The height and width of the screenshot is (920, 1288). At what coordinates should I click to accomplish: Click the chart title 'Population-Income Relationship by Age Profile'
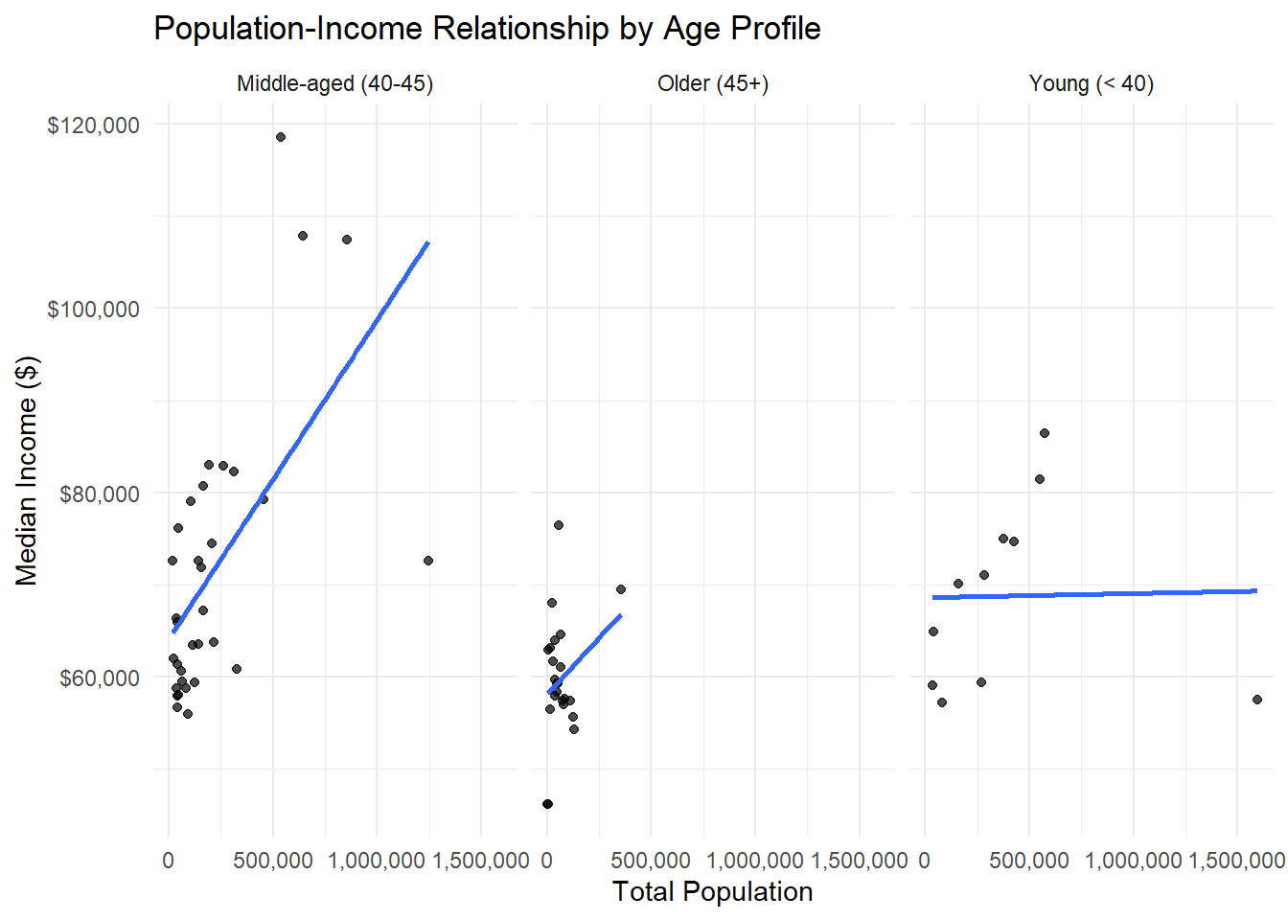(x=487, y=29)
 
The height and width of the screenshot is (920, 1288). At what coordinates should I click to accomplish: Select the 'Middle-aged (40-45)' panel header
(x=334, y=84)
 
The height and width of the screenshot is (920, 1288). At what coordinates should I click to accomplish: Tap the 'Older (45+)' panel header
(x=713, y=84)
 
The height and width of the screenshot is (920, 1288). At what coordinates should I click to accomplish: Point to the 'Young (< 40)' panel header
(x=1091, y=84)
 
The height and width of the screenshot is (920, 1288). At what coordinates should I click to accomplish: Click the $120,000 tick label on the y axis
(x=93, y=126)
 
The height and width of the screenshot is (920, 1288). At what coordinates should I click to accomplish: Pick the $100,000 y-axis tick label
(x=93, y=310)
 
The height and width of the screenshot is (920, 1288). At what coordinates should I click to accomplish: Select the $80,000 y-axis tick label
(x=99, y=494)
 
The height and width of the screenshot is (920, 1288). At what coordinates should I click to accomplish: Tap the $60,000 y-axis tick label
(x=99, y=678)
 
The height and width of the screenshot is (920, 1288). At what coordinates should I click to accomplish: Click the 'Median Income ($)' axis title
(x=27, y=470)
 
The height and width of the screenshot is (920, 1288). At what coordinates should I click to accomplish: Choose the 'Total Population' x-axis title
(x=712, y=891)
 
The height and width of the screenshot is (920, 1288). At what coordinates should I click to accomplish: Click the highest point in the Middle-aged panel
(x=281, y=137)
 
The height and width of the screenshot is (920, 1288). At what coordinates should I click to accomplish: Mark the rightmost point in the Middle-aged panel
(x=428, y=561)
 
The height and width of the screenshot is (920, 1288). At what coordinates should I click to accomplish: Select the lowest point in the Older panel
(x=547, y=804)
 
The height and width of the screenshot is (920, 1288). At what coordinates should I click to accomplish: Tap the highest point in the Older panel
(x=559, y=525)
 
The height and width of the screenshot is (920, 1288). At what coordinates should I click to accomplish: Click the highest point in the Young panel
(x=1045, y=433)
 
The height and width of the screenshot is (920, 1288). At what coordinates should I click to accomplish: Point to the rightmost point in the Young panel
(x=1257, y=700)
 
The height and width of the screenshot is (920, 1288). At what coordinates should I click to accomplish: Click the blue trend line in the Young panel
(x=1092, y=594)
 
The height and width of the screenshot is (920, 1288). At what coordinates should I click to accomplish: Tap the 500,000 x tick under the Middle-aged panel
(x=273, y=861)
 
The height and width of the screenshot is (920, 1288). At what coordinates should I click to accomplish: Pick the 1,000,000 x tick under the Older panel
(x=755, y=861)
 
